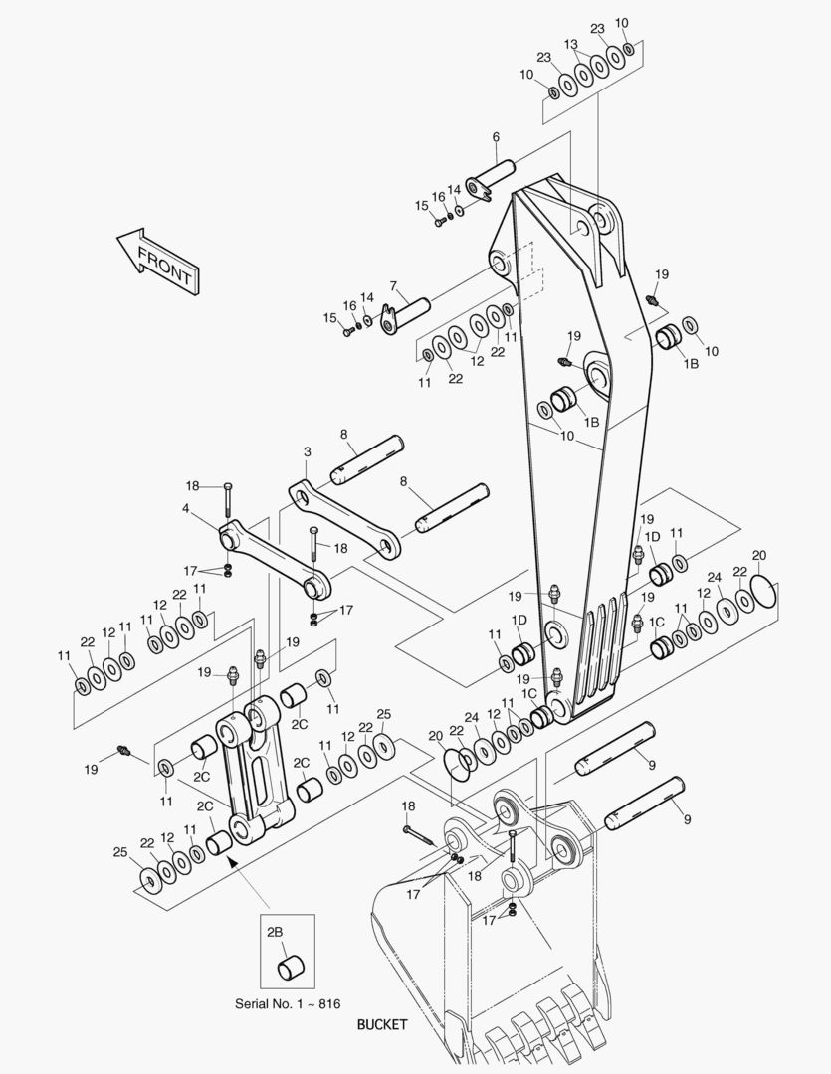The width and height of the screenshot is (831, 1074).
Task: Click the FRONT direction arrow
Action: pyautogui.click(x=159, y=262)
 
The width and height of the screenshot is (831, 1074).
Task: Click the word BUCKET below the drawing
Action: pyautogui.click(x=382, y=1024)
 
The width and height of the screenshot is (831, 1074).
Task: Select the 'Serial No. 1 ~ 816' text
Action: pyautogui.click(x=288, y=1004)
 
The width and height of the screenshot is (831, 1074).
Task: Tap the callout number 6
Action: pyautogui.click(x=496, y=137)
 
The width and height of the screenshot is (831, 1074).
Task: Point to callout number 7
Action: pyautogui.click(x=393, y=285)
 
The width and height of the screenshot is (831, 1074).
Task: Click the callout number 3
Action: pyautogui.click(x=308, y=452)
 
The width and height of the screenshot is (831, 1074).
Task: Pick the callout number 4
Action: pyautogui.click(x=185, y=508)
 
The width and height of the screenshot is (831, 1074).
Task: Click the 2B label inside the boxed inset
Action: pyautogui.click(x=275, y=932)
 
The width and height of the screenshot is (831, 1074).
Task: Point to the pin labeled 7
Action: pyautogui.click(x=404, y=315)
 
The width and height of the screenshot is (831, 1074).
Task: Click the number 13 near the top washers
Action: pyautogui.click(x=571, y=44)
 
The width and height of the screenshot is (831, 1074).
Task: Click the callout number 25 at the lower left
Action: pyautogui.click(x=120, y=852)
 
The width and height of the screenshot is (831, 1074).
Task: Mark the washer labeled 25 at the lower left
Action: pyautogui.click(x=149, y=880)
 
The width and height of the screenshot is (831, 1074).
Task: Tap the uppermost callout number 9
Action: pyautogui.click(x=651, y=765)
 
